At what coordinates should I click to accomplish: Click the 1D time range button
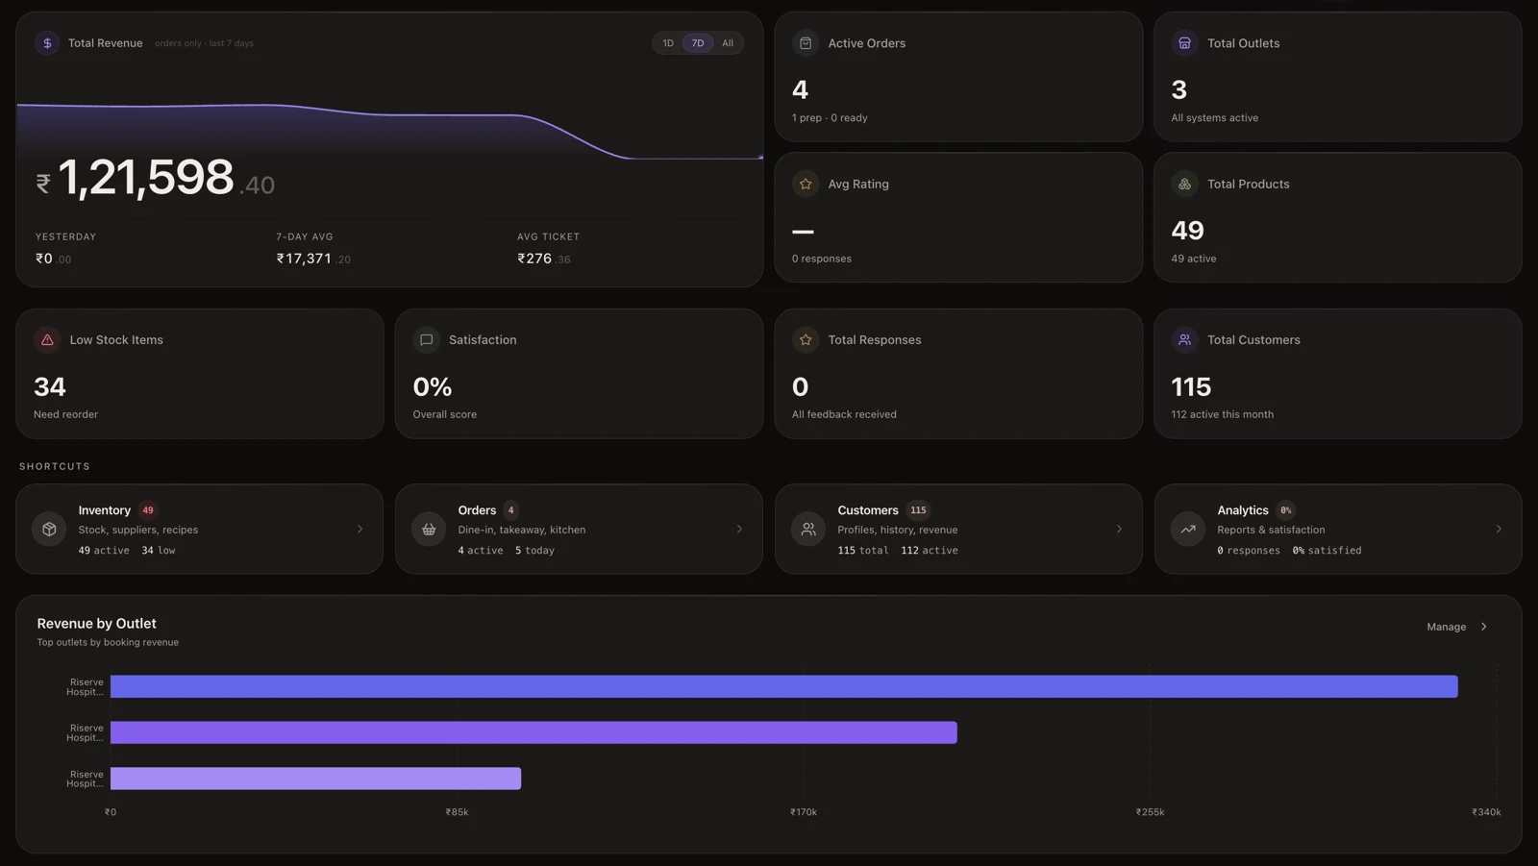pyautogui.click(x=667, y=43)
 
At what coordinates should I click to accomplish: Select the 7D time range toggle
pyautogui.click(x=698, y=43)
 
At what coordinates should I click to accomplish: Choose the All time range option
pyautogui.click(x=727, y=43)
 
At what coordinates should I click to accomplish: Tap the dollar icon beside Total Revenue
pyautogui.click(x=47, y=43)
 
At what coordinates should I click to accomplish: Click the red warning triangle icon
pyautogui.click(x=47, y=340)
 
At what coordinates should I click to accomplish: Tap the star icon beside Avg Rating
pyautogui.click(x=806, y=184)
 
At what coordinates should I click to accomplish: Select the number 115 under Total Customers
pyautogui.click(x=1191, y=386)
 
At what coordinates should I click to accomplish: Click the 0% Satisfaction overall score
pyautogui.click(x=432, y=386)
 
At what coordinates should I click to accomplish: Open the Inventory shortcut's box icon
pyautogui.click(x=49, y=529)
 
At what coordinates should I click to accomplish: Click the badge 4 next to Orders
pyautogui.click(x=510, y=510)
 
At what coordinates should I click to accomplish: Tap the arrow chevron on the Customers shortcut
pyautogui.click(x=1119, y=529)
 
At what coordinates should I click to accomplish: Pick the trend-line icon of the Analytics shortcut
pyautogui.click(x=1188, y=529)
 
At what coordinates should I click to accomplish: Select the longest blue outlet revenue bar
pyautogui.click(x=784, y=686)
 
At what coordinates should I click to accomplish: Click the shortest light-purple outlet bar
pyautogui.click(x=316, y=779)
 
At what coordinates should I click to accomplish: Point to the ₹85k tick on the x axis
pyautogui.click(x=457, y=812)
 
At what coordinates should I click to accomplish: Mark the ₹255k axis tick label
pyautogui.click(x=1150, y=812)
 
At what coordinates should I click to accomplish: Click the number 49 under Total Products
pyautogui.click(x=1187, y=230)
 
